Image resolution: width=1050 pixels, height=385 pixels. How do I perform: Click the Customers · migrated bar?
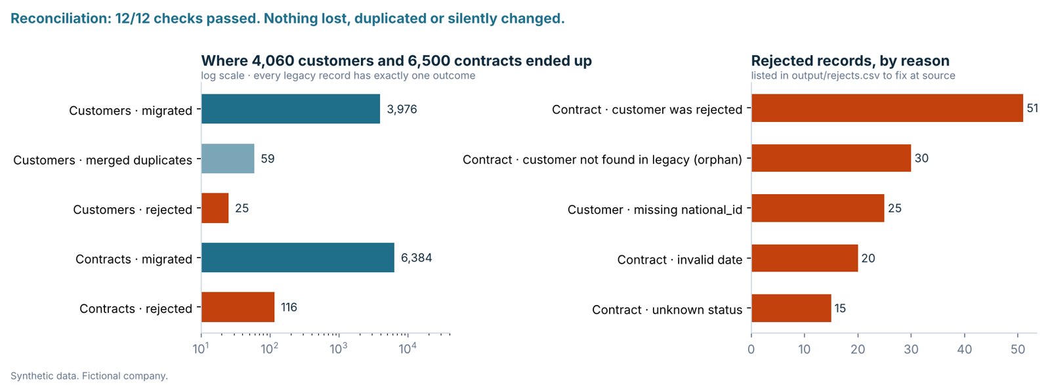(291, 109)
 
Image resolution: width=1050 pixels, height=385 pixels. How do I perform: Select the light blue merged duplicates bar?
(228, 158)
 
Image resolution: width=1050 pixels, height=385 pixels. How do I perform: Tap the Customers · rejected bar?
(215, 208)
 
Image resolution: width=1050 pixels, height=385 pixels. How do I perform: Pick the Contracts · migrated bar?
(298, 258)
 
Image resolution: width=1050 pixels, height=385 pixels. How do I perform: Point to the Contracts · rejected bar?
(238, 307)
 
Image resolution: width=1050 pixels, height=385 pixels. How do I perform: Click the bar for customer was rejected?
(887, 108)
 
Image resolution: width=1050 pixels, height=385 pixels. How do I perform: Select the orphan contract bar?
(831, 158)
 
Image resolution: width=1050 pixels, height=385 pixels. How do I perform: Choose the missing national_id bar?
(818, 208)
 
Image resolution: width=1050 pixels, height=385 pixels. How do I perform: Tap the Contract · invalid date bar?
(805, 258)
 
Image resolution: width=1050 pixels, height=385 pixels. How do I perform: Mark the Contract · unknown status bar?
(791, 308)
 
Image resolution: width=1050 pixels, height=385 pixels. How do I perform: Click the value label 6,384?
(416, 258)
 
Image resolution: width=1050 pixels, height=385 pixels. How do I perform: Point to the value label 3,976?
(402, 109)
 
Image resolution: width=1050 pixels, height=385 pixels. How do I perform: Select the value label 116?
(289, 307)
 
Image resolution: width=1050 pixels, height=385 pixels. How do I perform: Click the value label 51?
(1032, 108)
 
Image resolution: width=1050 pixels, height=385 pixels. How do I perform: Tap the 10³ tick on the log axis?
(339, 348)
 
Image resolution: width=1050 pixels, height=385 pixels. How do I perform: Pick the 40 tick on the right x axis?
(965, 350)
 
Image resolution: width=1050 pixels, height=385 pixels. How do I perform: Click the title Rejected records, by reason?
(850, 61)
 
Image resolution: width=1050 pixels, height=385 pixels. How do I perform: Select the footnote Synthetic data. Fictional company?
(89, 376)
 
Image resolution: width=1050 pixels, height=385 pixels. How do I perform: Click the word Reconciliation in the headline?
(60, 18)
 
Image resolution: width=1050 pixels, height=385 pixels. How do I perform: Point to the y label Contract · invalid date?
(680, 260)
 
